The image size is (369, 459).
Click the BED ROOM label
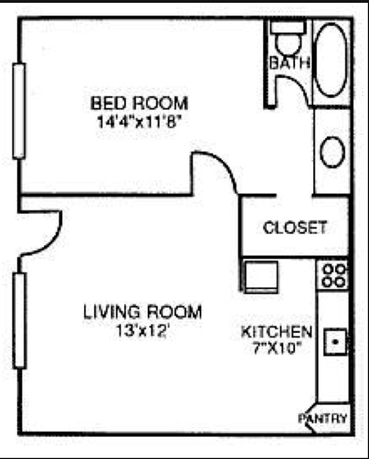(139, 104)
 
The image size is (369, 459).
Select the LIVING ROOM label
(142, 312)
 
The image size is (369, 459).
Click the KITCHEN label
(276, 332)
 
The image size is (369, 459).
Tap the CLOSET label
(295, 228)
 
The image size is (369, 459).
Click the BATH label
(289, 63)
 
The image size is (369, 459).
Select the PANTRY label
(322, 419)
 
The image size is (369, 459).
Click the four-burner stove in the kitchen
(333, 275)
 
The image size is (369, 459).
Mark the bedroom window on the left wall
(20, 110)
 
